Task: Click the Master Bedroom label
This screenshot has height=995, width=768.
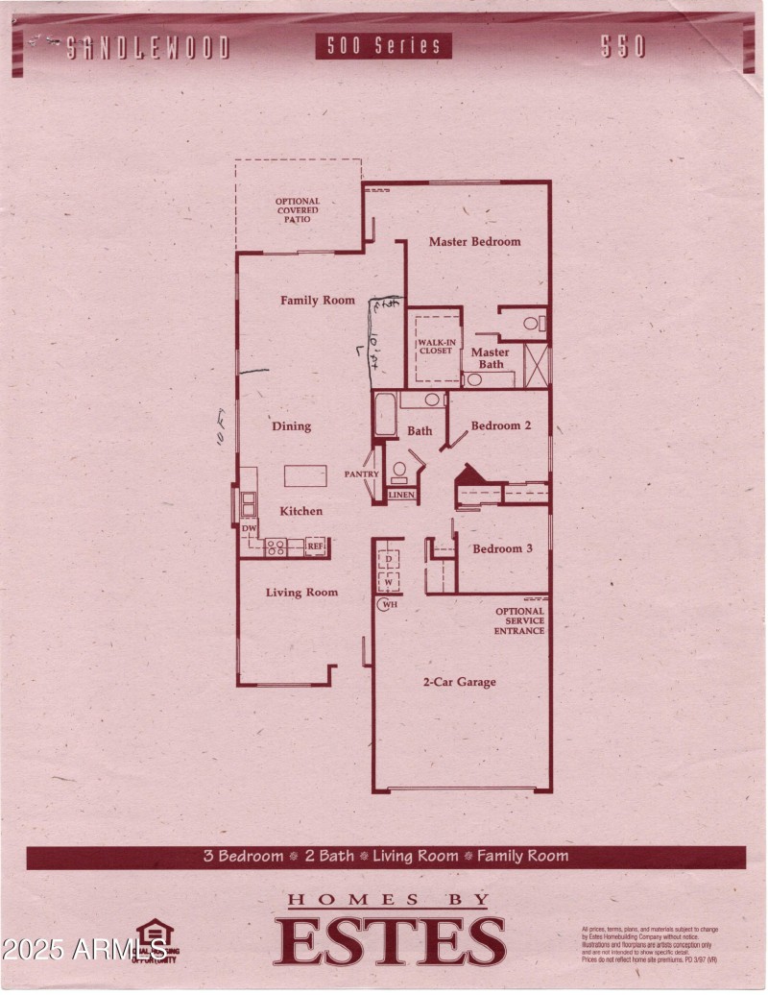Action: (474, 242)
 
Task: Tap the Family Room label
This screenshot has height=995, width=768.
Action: (318, 301)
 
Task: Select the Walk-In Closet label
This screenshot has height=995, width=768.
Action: (435, 346)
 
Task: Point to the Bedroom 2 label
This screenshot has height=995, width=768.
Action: (495, 425)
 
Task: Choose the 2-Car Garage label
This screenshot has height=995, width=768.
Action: (460, 682)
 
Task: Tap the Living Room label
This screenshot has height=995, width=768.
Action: (301, 593)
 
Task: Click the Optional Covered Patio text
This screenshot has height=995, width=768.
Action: (298, 210)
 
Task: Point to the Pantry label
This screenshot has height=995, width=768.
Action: (362, 474)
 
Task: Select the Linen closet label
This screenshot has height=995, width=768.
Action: (400, 495)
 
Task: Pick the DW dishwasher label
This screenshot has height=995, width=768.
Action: (249, 529)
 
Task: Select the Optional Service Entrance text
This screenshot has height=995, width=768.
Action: (519, 620)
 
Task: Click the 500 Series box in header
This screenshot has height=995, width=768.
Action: (383, 46)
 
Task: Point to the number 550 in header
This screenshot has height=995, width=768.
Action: (623, 47)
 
